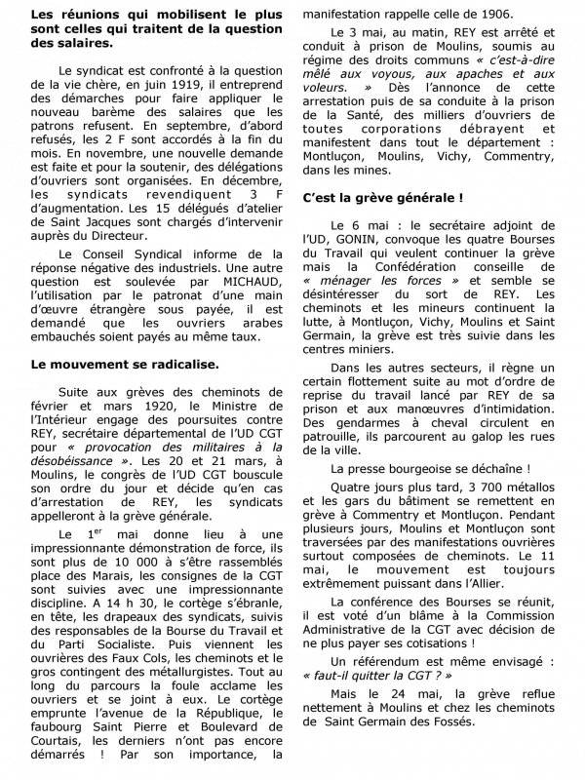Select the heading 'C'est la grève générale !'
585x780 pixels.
(x=381, y=197)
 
